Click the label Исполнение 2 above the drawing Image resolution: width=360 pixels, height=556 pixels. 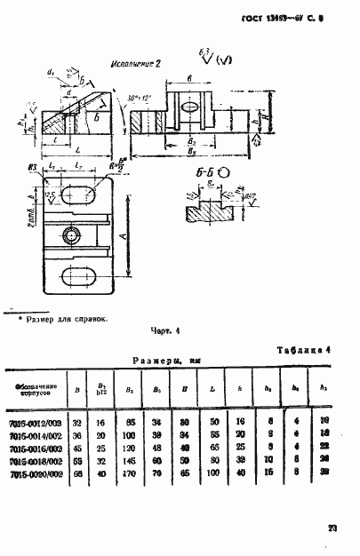click(135, 65)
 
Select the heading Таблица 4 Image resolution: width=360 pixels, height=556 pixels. click(304, 349)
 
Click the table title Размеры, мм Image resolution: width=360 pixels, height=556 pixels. click(162, 361)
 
